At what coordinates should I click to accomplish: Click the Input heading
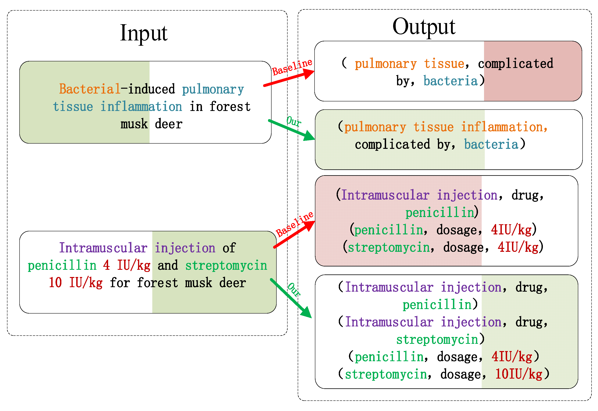tap(144, 33)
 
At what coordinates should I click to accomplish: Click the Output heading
tap(424, 27)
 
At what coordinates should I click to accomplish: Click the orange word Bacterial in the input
tap(90, 89)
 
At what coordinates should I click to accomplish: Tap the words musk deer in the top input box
tap(152, 124)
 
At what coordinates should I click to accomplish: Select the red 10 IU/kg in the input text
tap(76, 283)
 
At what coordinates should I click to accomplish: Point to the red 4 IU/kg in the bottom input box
tap(126, 265)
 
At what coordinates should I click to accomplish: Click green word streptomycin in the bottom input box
tap(226, 265)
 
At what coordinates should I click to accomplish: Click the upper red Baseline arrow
tap(289, 78)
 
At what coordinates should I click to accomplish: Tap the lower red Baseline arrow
tap(294, 234)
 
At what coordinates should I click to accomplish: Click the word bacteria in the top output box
tap(450, 81)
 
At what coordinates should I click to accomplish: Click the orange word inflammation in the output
tap(504, 127)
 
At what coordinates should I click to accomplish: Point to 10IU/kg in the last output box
tap(518, 374)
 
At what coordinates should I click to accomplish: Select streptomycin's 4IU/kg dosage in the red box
tap(518, 247)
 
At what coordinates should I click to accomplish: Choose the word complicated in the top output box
tap(515, 63)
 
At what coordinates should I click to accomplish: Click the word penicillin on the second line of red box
tap(440, 213)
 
